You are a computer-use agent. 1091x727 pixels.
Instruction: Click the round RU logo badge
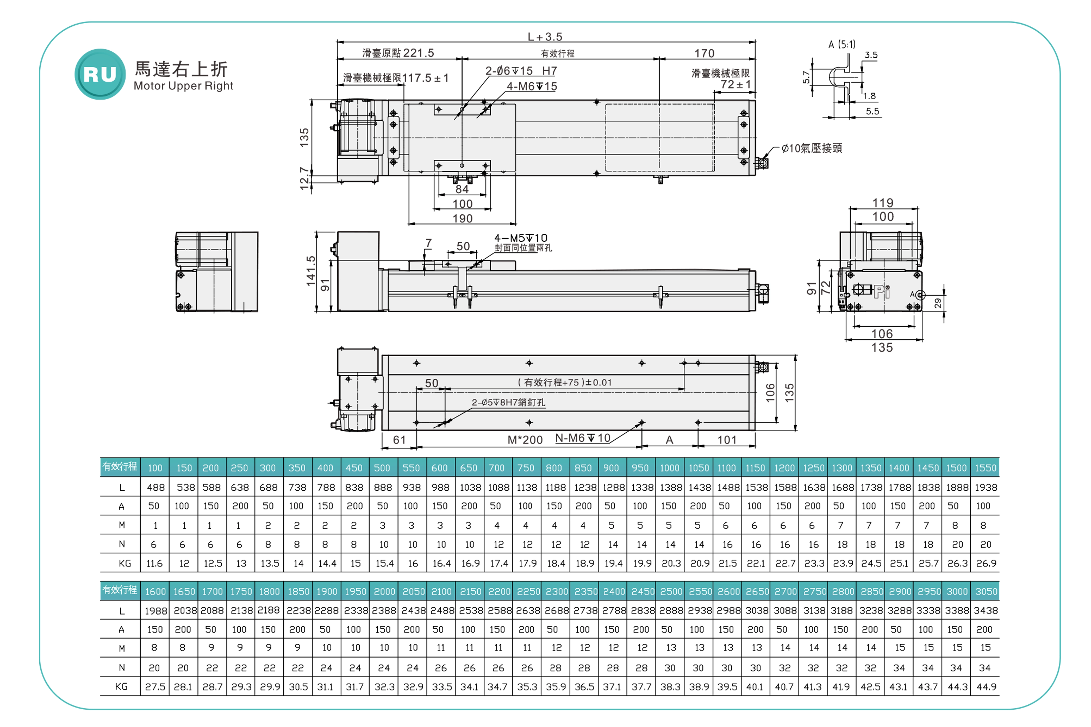(x=100, y=74)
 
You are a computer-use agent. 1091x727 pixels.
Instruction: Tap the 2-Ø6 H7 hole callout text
(x=521, y=71)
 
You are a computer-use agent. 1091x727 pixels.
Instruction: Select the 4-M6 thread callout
(x=532, y=86)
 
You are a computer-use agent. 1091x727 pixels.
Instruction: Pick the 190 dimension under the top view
(x=463, y=218)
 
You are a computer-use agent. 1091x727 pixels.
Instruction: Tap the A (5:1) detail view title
(x=842, y=44)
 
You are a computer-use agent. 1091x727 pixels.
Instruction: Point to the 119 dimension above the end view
(x=883, y=203)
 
